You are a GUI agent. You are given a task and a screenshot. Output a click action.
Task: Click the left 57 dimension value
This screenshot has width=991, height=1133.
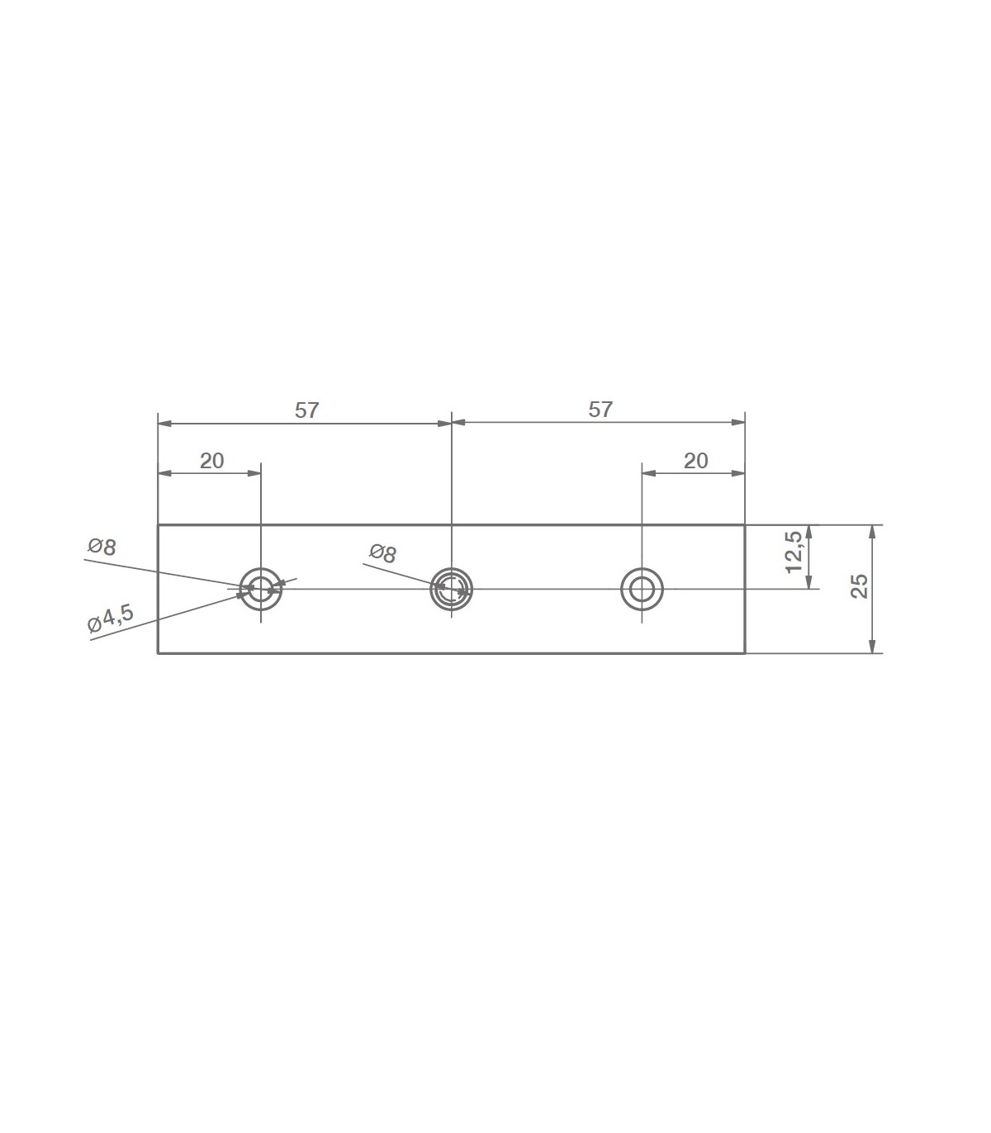pos(306,410)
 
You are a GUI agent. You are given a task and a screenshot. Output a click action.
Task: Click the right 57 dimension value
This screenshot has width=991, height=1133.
pos(600,410)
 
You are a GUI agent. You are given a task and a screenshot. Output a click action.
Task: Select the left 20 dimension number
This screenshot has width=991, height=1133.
pos(212,461)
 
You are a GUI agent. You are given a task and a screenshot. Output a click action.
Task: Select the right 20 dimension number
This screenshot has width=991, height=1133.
pos(696,461)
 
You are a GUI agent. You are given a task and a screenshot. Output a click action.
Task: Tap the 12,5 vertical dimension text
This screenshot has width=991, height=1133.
pos(794,552)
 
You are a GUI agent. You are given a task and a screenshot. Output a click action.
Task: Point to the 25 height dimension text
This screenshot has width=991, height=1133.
pos(859,585)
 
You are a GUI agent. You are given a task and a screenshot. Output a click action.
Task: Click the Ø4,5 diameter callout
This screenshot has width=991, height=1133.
pos(111,618)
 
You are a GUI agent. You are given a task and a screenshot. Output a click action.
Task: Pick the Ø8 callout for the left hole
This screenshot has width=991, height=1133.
pos(102,548)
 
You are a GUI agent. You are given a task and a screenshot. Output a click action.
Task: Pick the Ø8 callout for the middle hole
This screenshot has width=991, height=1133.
pos(383,553)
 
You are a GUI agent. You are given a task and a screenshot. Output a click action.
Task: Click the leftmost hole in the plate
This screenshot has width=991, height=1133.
pos(261,567)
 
